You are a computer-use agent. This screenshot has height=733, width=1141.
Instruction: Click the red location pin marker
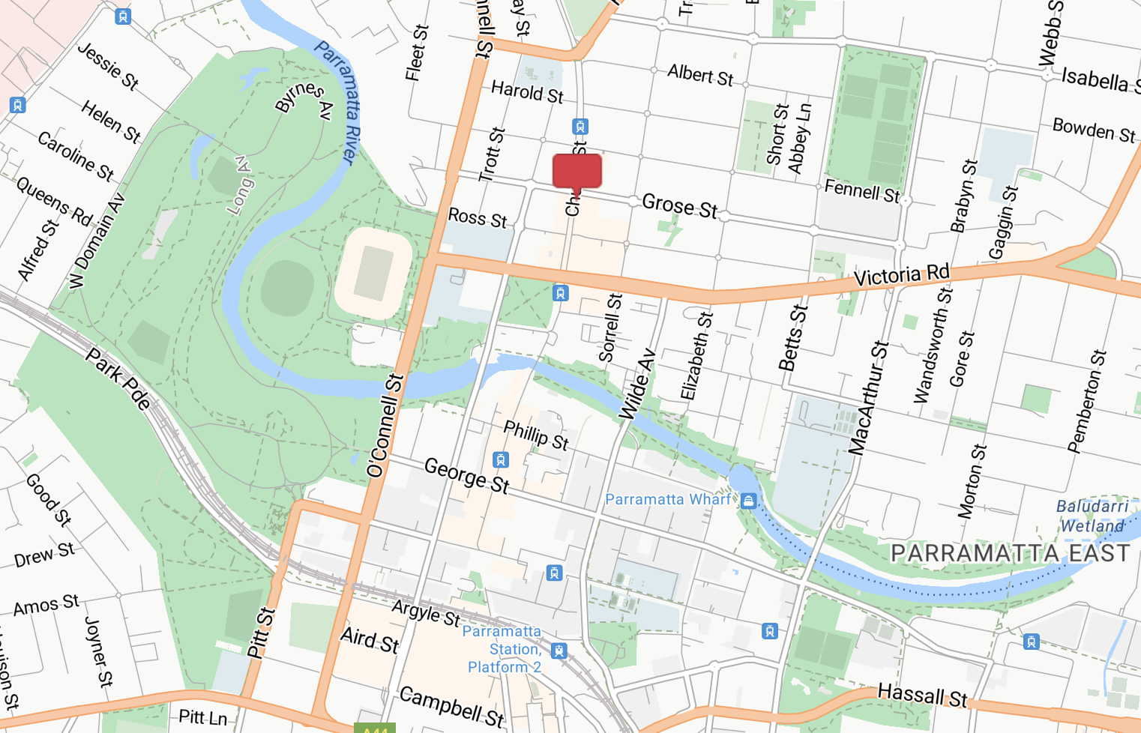coord(576,172)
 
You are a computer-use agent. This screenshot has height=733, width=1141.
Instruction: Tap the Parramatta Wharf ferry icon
coord(748,501)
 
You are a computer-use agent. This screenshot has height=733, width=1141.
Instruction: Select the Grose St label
coord(679,205)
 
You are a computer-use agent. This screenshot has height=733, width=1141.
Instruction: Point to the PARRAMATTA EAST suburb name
coord(1010,553)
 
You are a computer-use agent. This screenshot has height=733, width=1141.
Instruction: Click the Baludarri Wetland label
coord(1092,516)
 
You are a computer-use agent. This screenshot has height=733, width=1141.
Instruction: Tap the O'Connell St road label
coord(386,426)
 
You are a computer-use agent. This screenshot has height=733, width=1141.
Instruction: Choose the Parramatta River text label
coord(338,102)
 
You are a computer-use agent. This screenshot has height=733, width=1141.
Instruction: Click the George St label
coord(466,476)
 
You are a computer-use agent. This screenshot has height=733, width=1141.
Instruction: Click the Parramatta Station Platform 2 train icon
coord(559,651)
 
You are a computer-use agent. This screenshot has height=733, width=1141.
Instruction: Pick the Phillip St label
coord(536,435)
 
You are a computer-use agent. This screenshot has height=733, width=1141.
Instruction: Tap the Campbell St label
coord(451,706)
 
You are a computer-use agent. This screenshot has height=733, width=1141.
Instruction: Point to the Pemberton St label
coord(1087,401)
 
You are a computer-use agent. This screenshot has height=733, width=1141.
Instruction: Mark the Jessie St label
coord(108,66)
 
